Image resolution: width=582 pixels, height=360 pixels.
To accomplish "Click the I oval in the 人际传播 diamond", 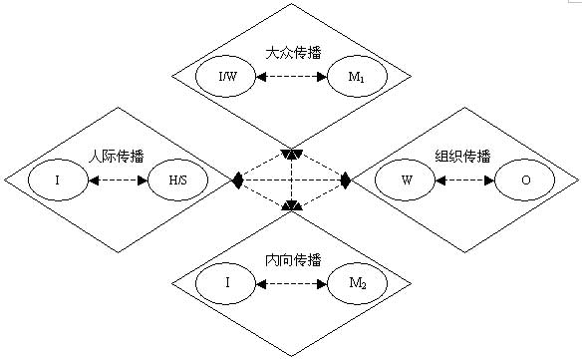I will [58, 181].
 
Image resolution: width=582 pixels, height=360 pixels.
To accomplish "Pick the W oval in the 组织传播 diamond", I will [407, 181].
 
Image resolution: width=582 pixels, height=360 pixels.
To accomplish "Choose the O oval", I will [526, 181].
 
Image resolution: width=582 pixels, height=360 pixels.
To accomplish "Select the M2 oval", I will [356, 283].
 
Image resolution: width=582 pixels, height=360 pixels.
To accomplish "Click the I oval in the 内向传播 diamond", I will [228, 283].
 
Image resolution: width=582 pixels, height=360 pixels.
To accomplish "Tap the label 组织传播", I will [463, 157].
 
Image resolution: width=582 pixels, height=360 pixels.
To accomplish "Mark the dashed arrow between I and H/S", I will [118, 181].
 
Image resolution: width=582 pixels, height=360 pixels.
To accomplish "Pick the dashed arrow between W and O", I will [466, 181].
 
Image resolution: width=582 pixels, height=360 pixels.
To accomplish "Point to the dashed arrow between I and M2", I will [292, 283].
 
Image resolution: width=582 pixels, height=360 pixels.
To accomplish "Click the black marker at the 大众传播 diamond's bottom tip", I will [291, 155].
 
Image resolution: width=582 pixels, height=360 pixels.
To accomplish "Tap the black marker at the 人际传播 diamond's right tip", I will [237, 180].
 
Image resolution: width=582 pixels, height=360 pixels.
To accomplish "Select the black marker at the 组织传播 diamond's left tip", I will [346, 180].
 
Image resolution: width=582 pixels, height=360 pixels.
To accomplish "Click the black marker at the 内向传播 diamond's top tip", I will [291, 206].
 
